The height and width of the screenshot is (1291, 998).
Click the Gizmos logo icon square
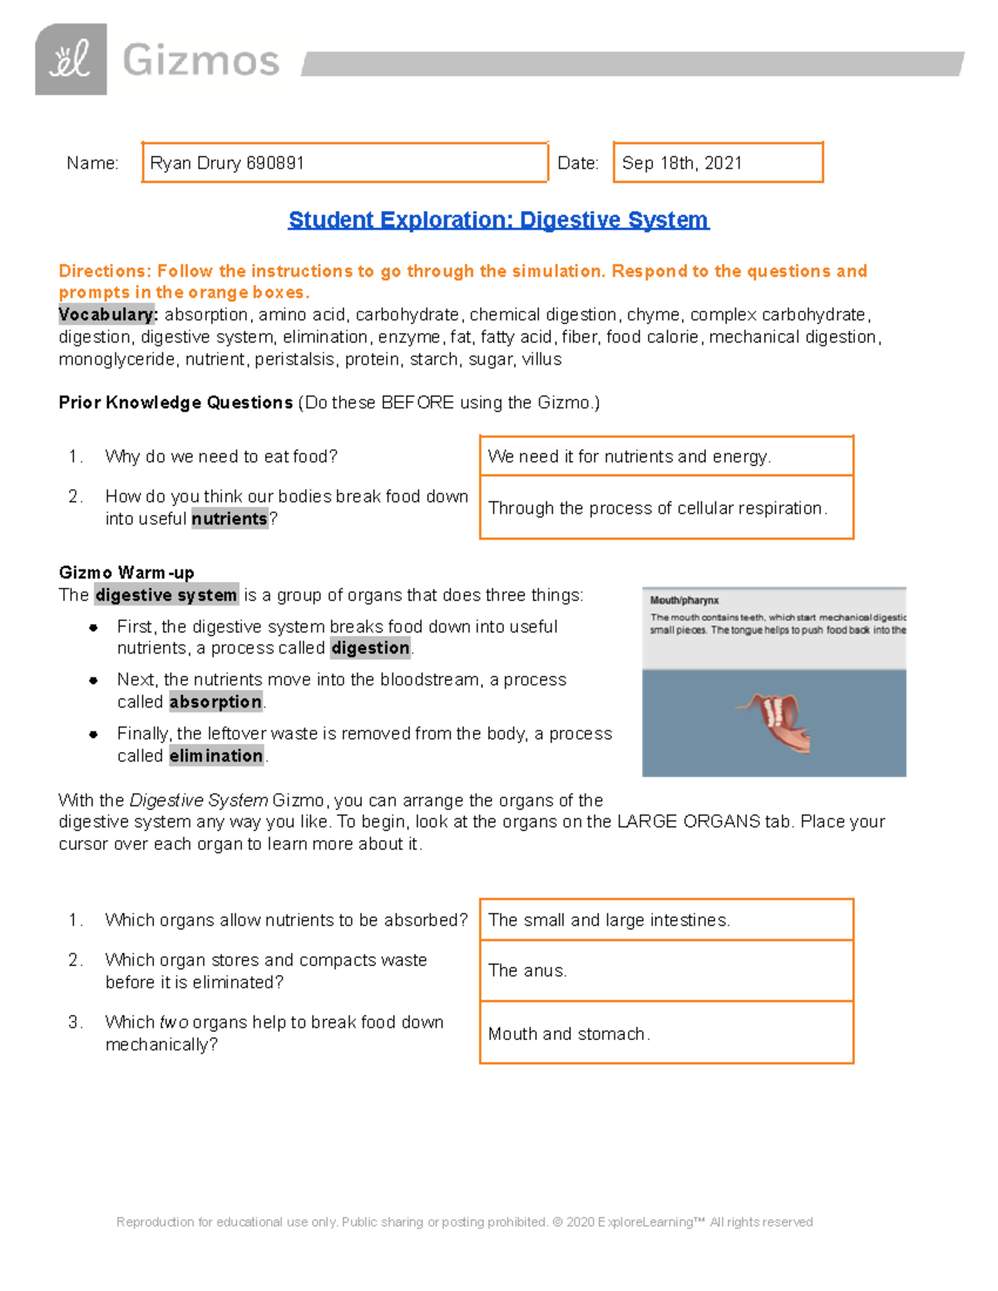(x=71, y=60)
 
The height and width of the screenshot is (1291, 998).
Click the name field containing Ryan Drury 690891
(x=344, y=163)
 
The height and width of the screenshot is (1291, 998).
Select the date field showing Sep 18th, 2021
(x=718, y=163)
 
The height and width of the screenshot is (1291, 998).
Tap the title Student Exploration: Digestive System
(x=498, y=219)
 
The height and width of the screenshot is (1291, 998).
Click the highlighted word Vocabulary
(x=107, y=315)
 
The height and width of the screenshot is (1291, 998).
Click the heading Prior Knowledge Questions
(x=175, y=403)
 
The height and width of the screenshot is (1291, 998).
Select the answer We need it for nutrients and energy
(x=630, y=456)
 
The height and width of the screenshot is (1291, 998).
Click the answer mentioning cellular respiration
(x=657, y=508)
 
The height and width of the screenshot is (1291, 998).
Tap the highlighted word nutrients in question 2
(x=230, y=519)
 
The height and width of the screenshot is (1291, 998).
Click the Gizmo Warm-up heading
(x=126, y=573)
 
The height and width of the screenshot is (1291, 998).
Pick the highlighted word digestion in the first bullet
(x=370, y=648)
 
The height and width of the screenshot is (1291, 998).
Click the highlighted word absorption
(x=215, y=702)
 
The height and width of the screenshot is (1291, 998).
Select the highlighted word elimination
(x=216, y=756)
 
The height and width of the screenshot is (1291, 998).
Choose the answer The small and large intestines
(x=609, y=920)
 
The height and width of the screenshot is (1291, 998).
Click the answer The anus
(x=527, y=971)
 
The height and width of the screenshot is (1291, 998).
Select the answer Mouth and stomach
(x=569, y=1034)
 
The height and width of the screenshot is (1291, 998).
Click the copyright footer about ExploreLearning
(x=465, y=1222)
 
